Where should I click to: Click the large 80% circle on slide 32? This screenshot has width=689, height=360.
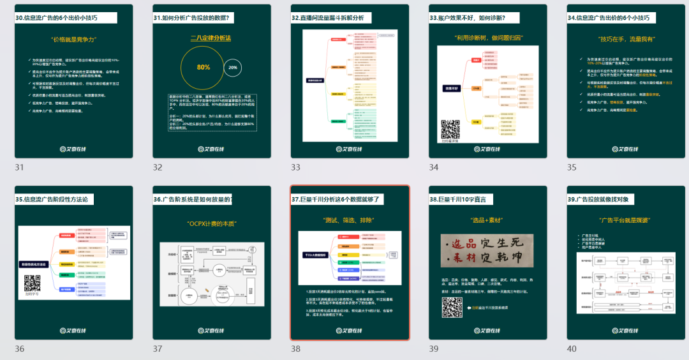click(x=203, y=66)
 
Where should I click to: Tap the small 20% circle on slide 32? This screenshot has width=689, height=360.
click(x=233, y=66)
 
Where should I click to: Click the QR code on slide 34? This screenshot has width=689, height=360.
click(x=451, y=128)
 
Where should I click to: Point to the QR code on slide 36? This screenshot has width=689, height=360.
click(x=33, y=283)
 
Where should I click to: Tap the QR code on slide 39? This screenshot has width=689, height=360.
click(x=451, y=307)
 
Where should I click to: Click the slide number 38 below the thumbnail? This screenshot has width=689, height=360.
click(x=296, y=349)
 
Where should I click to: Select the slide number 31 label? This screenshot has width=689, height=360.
click(x=20, y=167)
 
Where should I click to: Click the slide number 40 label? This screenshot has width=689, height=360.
click(x=572, y=349)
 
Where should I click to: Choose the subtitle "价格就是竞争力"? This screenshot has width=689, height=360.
click(x=73, y=40)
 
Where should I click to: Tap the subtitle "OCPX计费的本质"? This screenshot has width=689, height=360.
click(x=211, y=224)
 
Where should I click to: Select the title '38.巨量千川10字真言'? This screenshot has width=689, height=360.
click(x=458, y=199)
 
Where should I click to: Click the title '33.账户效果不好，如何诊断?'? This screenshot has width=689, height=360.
click(x=475, y=18)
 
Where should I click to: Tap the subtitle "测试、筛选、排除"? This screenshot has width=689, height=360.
click(x=349, y=220)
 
